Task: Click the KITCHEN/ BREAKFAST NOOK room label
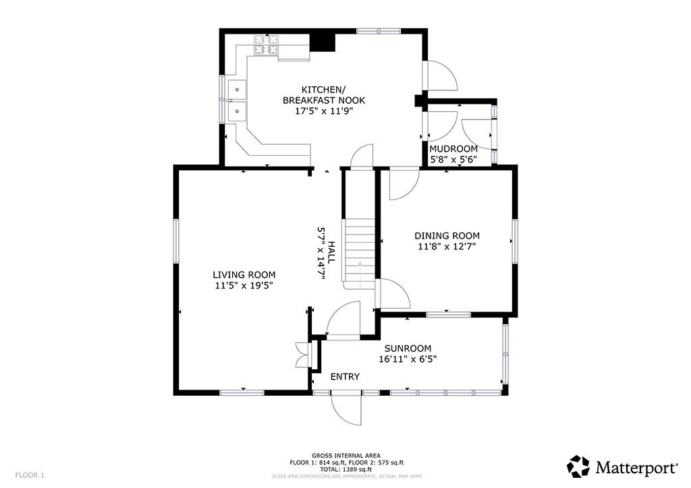pos(324,94)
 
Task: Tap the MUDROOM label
pos(453,149)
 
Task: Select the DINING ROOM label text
pos(447,236)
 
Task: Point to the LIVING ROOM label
pos(244,275)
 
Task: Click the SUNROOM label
pos(408,348)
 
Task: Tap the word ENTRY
pos(345,377)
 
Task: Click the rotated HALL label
pos(331,252)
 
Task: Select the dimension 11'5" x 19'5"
pos(244,286)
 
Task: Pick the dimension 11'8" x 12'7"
pos(447,247)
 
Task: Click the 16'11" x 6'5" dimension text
pos(408,359)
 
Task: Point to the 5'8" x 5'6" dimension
pos(453,159)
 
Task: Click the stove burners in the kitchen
pos(266,45)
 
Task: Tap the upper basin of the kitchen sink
pos(238,90)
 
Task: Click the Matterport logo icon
pos(578,466)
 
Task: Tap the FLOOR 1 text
pos(30,475)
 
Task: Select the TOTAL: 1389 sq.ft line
pos(346,470)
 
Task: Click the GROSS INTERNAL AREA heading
pos(346,456)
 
